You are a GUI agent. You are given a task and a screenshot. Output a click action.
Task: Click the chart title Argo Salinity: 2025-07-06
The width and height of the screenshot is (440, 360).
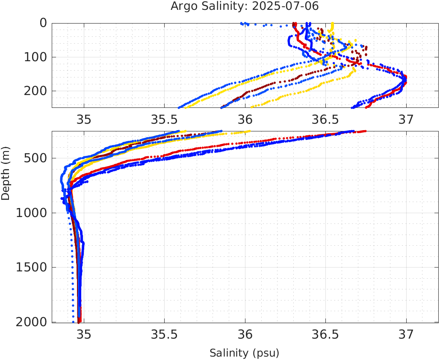tap(245, 6)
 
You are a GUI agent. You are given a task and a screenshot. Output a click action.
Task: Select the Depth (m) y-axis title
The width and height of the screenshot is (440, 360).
tap(6, 172)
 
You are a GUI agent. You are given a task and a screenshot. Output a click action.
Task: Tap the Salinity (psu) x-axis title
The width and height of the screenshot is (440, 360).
tap(244, 353)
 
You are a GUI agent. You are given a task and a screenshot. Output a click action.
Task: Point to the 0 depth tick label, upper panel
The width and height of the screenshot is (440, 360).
tap(43, 23)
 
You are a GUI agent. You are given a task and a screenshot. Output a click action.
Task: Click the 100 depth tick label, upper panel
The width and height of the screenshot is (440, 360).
tap(34, 57)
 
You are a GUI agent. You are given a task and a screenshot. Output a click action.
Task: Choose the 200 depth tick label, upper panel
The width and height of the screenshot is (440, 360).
tap(34, 91)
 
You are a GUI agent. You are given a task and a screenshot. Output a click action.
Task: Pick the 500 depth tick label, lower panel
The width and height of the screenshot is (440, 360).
tap(34, 158)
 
